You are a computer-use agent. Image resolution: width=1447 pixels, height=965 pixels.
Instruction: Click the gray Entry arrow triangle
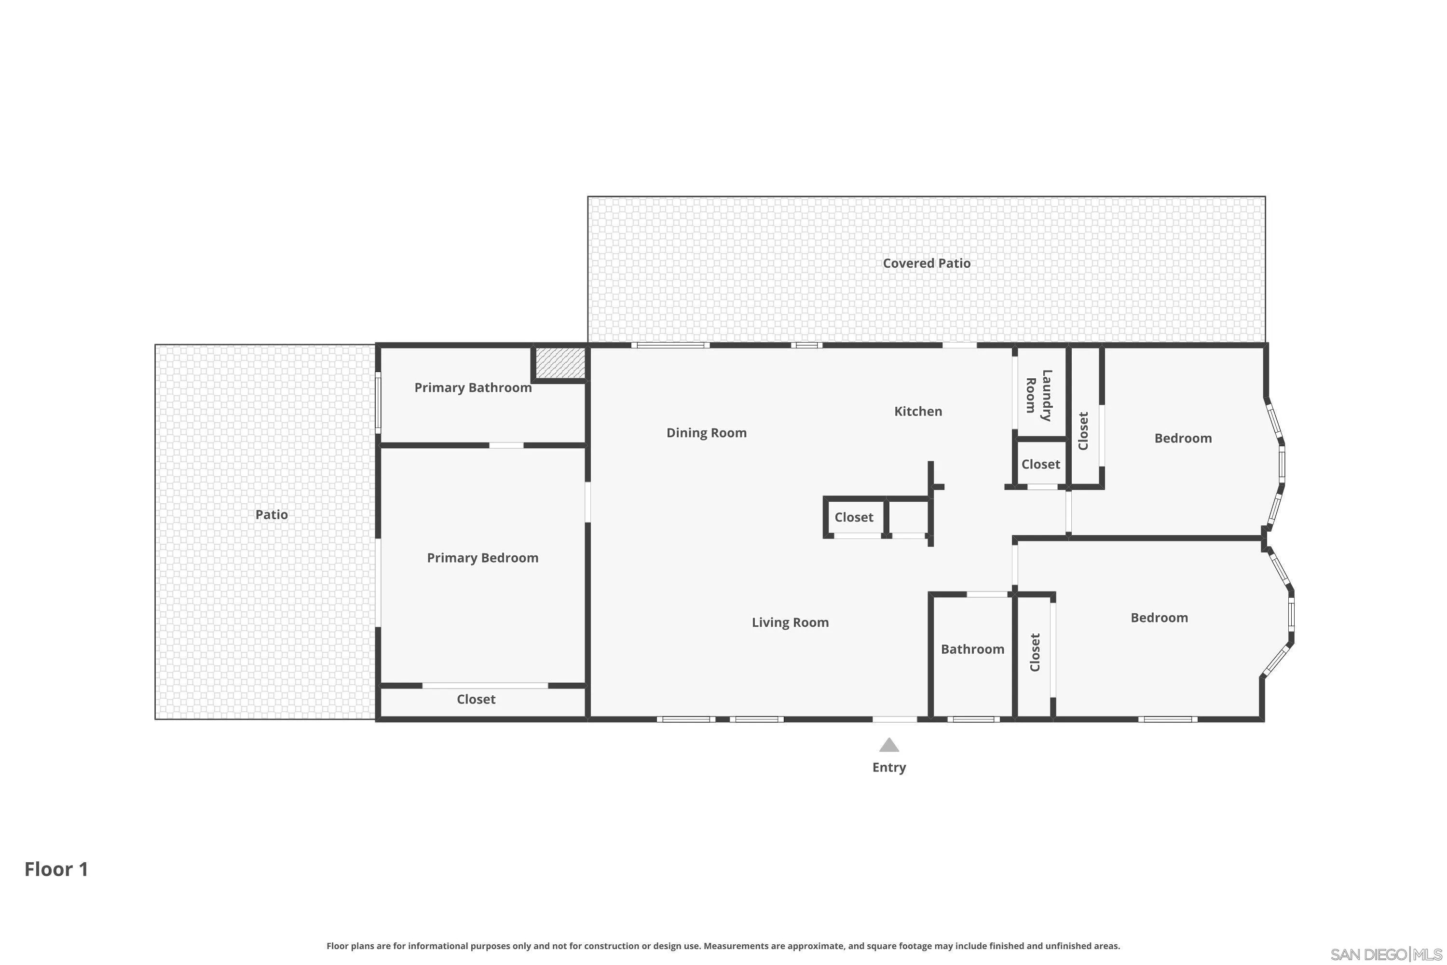pos(888,745)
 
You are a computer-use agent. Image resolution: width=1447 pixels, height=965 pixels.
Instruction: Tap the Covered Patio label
pos(926,263)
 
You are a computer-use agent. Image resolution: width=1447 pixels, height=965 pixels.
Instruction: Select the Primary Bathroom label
pos(473,388)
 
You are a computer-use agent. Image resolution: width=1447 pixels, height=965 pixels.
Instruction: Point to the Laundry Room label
pos(1038,395)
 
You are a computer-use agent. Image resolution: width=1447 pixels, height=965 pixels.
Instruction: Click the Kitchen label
pos(917,411)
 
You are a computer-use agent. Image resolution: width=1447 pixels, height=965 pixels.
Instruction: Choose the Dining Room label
pos(706,433)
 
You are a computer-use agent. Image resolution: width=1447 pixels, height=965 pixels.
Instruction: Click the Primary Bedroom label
pos(482,558)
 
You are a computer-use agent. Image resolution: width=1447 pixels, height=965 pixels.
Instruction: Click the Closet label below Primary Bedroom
pos(476,699)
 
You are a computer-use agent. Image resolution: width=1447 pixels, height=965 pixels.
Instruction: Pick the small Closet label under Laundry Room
pos(1040,464)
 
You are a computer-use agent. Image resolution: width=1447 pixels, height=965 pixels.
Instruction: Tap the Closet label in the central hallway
pos(853,517)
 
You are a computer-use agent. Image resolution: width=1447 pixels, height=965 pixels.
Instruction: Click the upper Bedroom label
pos(1183,438)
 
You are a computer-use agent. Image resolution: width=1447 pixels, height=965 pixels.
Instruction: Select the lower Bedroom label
pos(1159,617)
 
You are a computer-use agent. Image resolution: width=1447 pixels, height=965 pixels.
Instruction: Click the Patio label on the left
pos(271,514)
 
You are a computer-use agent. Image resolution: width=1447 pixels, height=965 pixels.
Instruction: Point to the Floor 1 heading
pos(56,869)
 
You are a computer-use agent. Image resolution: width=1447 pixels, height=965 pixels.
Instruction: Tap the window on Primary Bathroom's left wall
pos(378,402)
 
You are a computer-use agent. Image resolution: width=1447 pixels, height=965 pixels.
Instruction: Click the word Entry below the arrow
pos(888,768)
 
